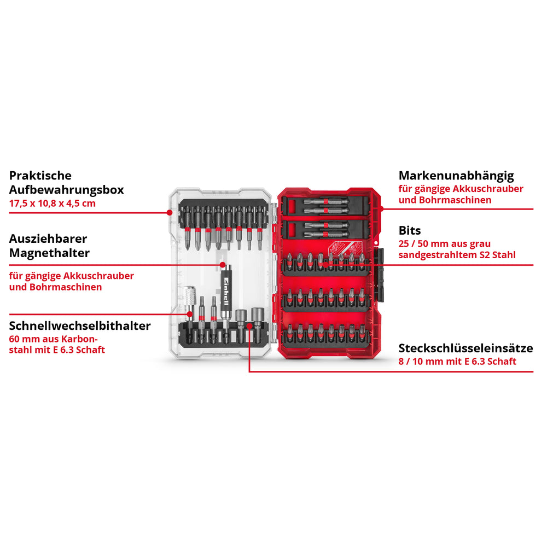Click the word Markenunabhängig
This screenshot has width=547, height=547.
click(x=456, y=176)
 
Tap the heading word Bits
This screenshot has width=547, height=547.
click(x=410, y=231)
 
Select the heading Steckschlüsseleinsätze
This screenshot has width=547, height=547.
click(x=465, y=348)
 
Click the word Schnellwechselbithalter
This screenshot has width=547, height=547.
click(x=80, y=326)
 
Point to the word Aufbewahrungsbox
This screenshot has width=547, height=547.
click(x=66, y=190)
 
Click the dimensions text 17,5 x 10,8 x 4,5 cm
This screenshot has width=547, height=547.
click(x=53, y=203)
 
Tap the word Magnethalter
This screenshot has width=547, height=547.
click(x=49, y=253)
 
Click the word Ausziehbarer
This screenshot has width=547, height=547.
click(x=48, y=238)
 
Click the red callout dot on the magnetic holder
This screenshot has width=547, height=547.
click(x=223, y=265)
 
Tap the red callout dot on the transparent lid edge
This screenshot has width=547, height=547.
click(x=170, y=212)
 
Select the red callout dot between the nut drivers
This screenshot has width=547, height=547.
click(x=249, y=325)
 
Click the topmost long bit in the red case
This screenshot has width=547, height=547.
click(x=326, y=201)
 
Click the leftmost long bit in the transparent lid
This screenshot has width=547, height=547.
click(x=187, y=228)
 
